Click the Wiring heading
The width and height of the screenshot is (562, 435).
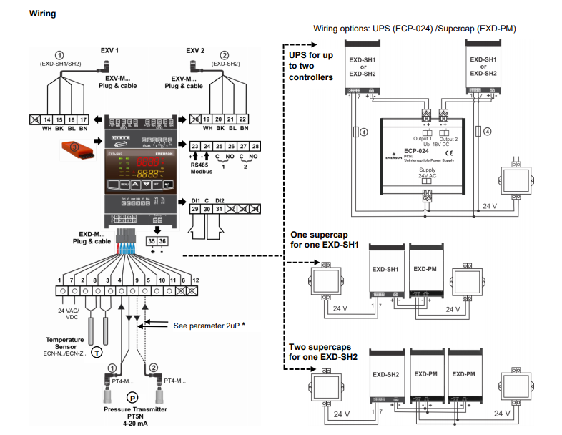tap(42, 13)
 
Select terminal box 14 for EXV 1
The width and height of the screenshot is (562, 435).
tap(47, 119)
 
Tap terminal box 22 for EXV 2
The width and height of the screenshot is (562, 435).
tap(243, 119)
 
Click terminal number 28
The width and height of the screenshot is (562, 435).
tap(256, 145)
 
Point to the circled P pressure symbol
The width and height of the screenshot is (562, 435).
tap(132, 397)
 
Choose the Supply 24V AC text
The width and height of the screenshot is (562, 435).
tap(428, 175)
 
